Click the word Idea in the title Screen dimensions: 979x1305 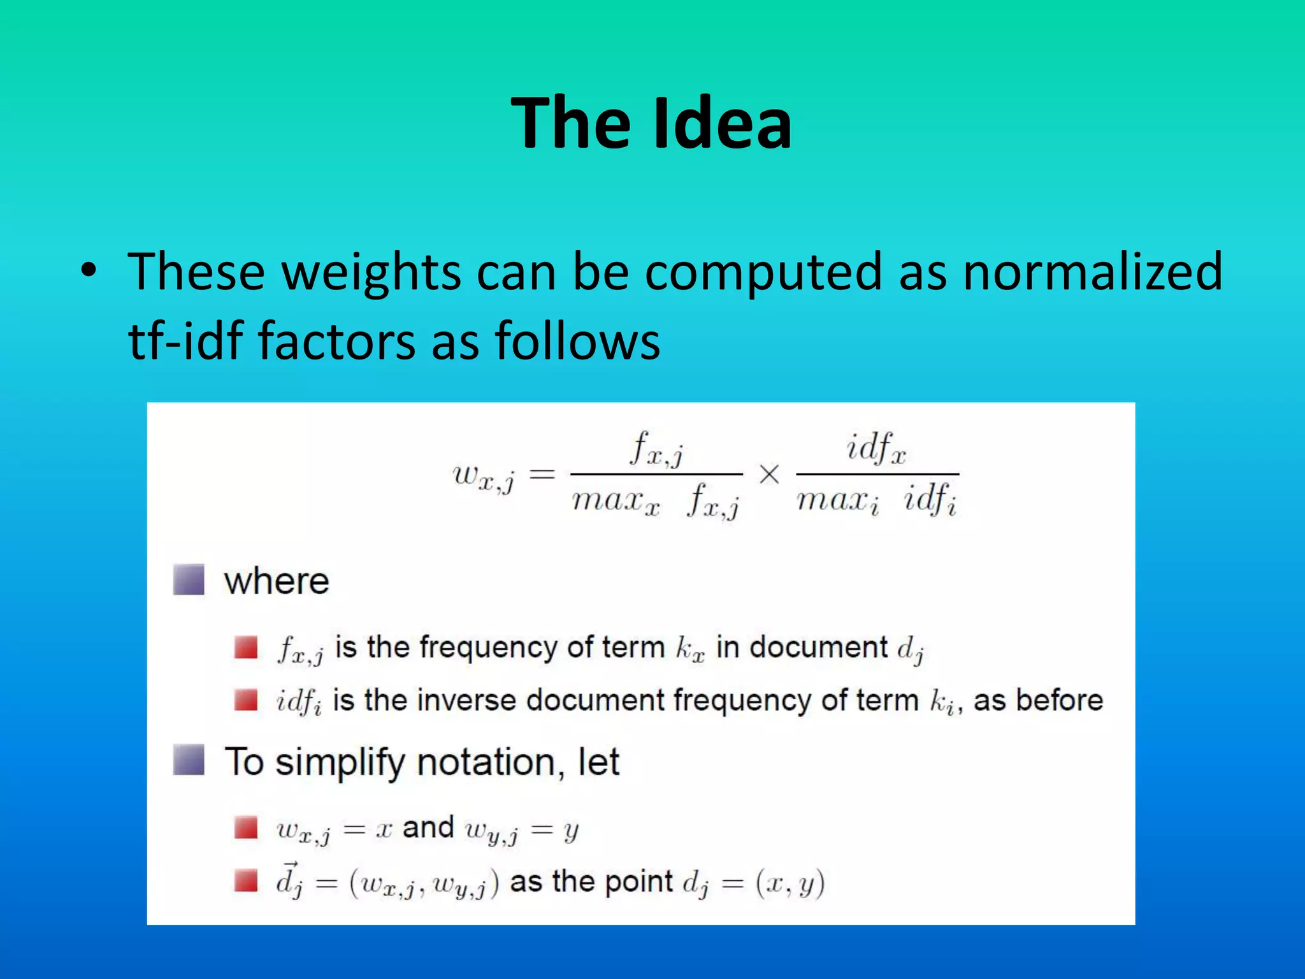[x=722, y=122]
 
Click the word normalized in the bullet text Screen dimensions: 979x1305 [x=1092, y=272]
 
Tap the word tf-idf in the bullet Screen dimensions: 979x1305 [x=185, y=340]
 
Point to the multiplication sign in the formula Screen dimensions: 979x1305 [x=769, y=474]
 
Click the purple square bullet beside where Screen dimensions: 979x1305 [x=189, y=579]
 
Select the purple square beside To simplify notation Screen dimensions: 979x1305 [x=189, y=760]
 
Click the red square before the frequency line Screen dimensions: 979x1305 [x=245, y=648]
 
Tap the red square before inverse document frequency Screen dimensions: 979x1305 [x=245, y=700]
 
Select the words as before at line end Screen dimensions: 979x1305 [x=1038, y=700]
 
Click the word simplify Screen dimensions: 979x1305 [x=340, y=762]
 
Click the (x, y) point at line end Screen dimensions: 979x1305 [x=790, y=883]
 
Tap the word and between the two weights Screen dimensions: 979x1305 [x=428, y=827]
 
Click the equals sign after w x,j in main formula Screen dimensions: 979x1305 [x=542, y=474]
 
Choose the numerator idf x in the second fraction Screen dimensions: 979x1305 [x=876, y=447]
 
